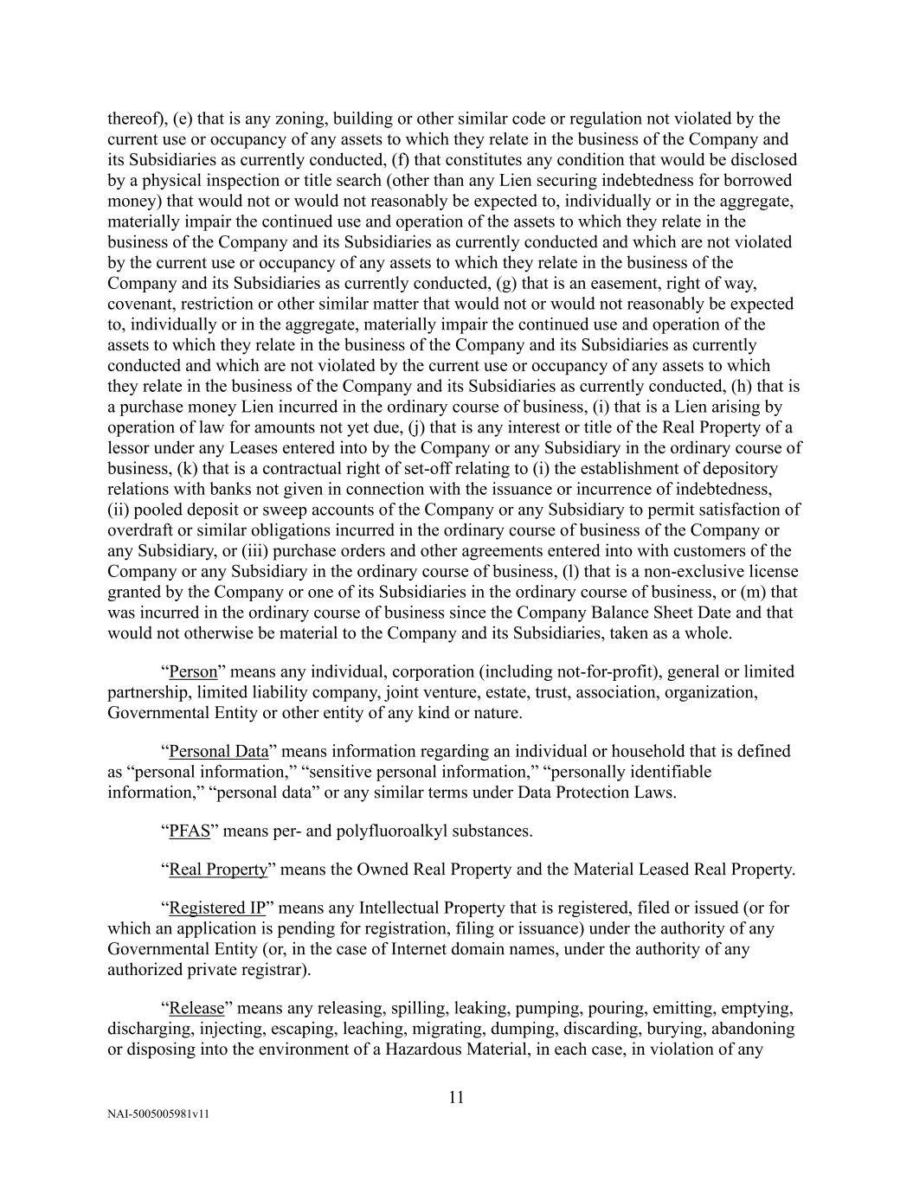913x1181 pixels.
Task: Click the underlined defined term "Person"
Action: pyautogui.click(x=193, y=672)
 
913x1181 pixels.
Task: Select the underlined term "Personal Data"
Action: pyautogui.click(x=219, y=751)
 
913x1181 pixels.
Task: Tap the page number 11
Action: pyautogui.click(x=457, y=1098)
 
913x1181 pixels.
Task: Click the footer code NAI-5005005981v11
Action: pyautogui.click(x=158, y=1115)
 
